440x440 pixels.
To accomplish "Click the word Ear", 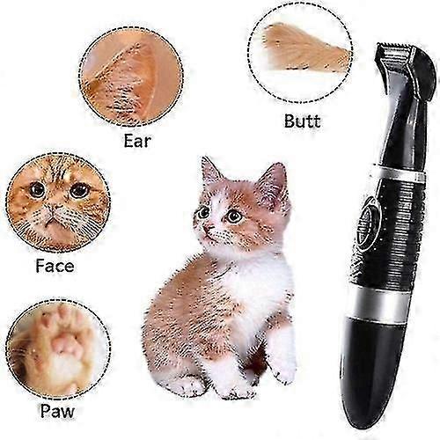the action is [x=137, y=141].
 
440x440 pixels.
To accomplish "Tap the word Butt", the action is [x=302, y=121].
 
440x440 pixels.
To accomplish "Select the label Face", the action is [x=55, y=266].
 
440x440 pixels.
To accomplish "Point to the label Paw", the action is [x=57, y=411].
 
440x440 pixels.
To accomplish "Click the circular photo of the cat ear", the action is [x=131, y=77].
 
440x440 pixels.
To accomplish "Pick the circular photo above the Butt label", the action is [x=300, y=53].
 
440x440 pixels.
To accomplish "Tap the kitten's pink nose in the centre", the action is [x=209, y=227].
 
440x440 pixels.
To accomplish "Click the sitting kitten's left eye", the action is [x=203, y=212].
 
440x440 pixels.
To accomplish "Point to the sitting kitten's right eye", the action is [x=234, y=216].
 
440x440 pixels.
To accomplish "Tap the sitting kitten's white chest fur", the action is [x=255, y=282].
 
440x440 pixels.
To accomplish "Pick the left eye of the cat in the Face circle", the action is [x=37, y=190].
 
